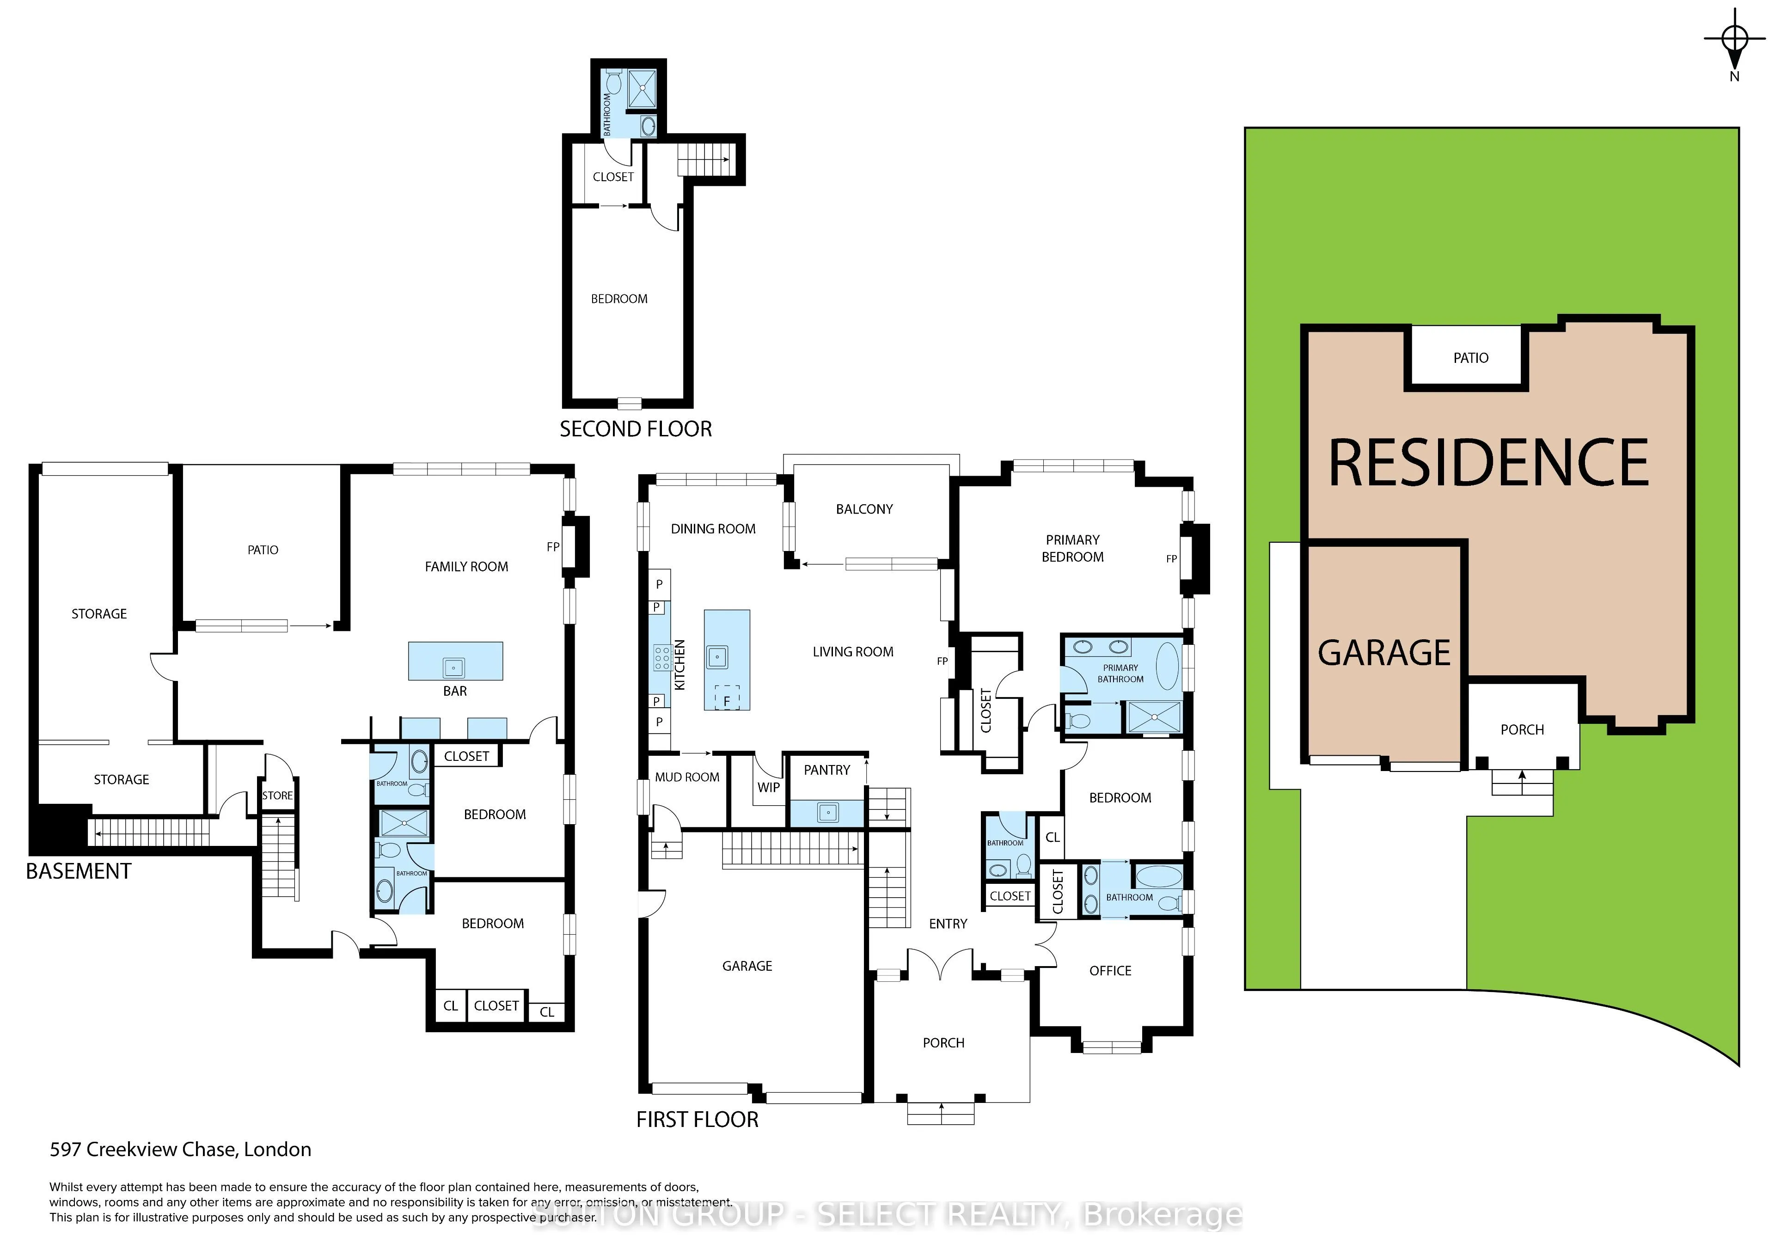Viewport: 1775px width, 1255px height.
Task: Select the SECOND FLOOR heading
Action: pos(636,429)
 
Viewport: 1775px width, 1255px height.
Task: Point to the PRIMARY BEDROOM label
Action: pos(1072,548)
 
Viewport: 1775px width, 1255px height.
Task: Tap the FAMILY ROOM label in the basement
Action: pos(466,567)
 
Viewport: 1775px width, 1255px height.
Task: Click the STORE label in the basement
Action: pos(277,796)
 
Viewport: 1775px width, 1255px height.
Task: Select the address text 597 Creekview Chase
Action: pos(180,1150)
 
